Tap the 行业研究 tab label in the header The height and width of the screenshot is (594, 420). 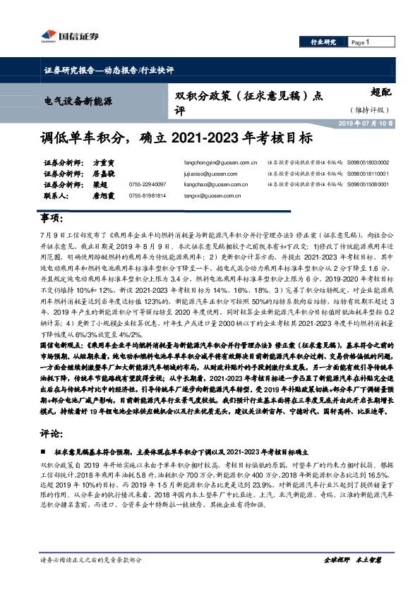(323, 42)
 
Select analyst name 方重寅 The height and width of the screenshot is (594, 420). (104, 162)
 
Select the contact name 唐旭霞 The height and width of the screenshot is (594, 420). (104, 195)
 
